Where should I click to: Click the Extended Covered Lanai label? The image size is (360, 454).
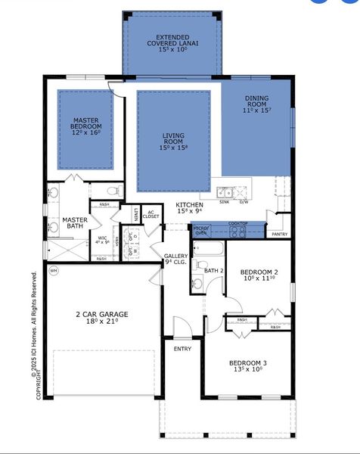[x=172, y=44]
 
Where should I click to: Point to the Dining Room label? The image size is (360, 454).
[x=256, y=105]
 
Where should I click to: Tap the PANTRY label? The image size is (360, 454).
[x=279, y=235]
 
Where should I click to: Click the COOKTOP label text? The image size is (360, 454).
[x=239, y=223]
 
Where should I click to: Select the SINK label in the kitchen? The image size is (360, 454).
[x=224, y=203]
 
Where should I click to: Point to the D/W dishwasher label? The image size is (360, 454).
[x=244, y=203]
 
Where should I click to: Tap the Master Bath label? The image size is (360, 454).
[x=74, y=222]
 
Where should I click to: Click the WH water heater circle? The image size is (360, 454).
[x=53, y=270]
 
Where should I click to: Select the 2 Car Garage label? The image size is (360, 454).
[x=101, y=318]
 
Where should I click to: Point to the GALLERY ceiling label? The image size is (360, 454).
[x=176, y=259]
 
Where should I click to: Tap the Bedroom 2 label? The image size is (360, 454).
[x=259, y=275]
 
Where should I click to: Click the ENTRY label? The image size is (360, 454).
[x=183, y=349]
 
